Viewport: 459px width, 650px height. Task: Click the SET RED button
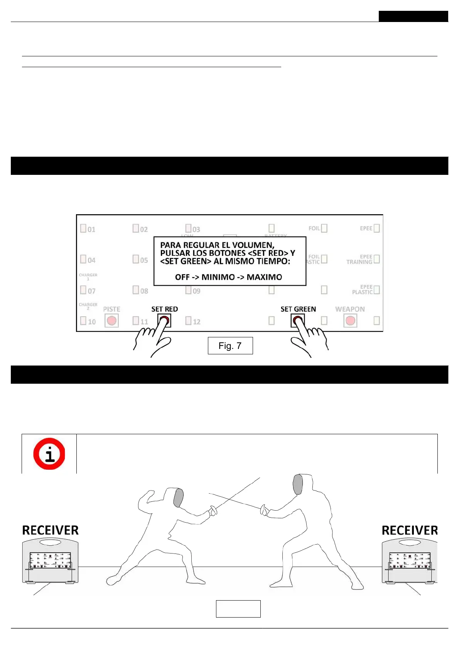(164, 320)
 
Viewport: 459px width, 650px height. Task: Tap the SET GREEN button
(297, 320)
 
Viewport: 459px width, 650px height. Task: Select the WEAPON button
(350, 321)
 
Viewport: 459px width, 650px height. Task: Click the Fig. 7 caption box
(230, 345)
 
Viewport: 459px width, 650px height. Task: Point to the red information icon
(49, 454)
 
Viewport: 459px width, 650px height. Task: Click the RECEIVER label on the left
(50, 530)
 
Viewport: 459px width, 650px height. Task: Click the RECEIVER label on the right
(410, 530)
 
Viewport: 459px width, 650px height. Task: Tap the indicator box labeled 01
(83, 228)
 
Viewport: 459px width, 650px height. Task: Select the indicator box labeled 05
(136, 259)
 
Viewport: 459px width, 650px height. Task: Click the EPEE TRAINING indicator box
(377, 259)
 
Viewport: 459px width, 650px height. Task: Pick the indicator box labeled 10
(83, 320)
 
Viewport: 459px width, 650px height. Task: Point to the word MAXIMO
(264, 277)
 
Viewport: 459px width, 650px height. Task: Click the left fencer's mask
(178, 498)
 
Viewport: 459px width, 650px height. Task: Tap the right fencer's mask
(298, 484)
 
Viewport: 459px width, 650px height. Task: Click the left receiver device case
(50, 562)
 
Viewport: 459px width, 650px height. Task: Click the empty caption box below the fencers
(238, 609)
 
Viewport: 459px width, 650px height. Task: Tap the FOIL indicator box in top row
(324, 228)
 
